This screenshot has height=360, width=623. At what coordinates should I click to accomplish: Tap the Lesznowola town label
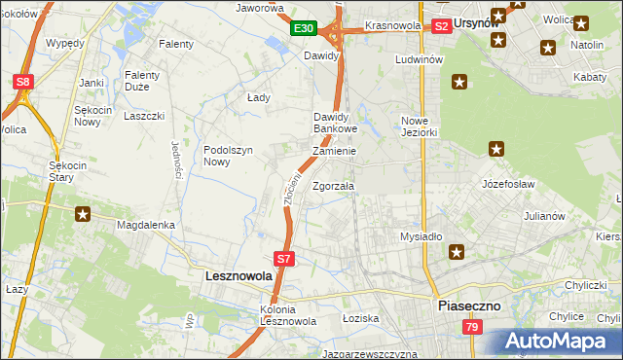pos(238,276)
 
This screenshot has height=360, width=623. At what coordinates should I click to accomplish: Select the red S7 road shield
pos(283,259)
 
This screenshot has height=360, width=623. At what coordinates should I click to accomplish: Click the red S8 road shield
pos(24,83)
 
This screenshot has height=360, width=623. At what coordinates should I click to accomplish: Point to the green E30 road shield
pos(303,29)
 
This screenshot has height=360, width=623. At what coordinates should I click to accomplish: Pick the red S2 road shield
pos(441,26)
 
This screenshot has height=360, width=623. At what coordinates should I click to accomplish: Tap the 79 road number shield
pos(472,328)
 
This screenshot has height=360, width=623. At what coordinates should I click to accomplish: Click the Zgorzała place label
pos(334,185)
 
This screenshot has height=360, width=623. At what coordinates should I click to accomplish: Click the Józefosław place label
pos(509,182)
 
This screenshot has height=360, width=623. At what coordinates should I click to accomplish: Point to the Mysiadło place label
pos(421,236)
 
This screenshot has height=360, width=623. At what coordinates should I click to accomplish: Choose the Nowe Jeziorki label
pos(421,126)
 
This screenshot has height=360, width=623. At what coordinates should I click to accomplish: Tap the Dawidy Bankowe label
pos(336,123)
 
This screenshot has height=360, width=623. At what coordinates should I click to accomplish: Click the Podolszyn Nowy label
pos(229,156)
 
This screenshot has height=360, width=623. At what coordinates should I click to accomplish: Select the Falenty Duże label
pos(149,80)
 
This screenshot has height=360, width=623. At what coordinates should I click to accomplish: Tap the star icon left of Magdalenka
pos(84,214)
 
